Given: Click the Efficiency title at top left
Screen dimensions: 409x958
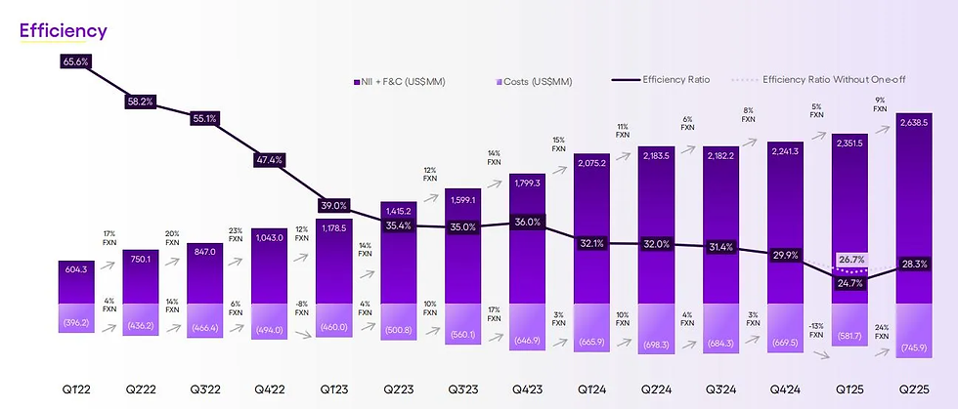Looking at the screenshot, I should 64,30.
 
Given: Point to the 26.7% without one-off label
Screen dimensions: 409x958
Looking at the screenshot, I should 848,261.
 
